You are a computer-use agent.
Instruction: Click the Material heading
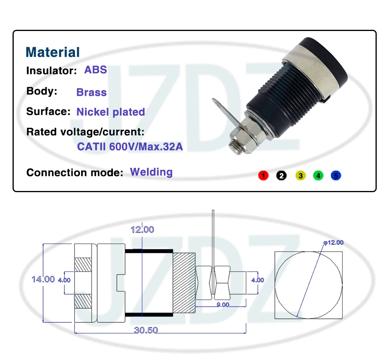coord(53,52)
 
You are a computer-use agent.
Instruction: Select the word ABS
coord(96,70)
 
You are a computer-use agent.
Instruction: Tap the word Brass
coord(91,92)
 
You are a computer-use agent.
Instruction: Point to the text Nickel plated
coord(111,112)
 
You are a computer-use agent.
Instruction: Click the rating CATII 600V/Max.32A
coord(130,147)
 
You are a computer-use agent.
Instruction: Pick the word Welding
coord(151,172)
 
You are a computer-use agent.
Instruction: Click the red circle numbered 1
coord(263,176)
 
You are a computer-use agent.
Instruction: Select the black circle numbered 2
coord(281,176)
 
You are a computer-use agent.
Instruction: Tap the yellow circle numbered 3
coord(301,176)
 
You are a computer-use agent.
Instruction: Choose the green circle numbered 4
coord(318,176)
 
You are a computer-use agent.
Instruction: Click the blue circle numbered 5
coord(336,176)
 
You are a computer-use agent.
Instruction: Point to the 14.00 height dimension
coord(43,279)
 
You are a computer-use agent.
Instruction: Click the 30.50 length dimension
coord(146,330)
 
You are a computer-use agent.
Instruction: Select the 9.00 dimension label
coord(223,305)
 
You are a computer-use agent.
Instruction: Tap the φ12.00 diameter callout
coord(334,242)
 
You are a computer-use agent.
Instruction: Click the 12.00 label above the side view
coord(143,230)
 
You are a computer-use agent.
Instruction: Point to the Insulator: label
coord(51,71)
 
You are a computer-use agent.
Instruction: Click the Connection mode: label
coord(75,173)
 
